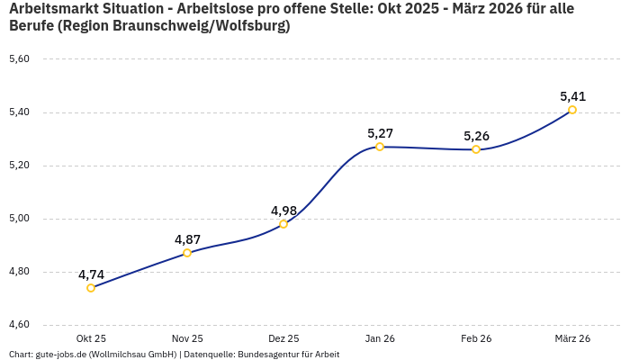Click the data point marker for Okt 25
click(x=91, y=288)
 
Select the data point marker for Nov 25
click(x=187, y=253)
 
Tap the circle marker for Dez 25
click(x=283, y=224)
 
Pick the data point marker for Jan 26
click(x=380, y=147)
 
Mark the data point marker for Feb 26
click(x=476, y=149)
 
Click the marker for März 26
click(x=572, y=110)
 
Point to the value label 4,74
click(x=91, y=274)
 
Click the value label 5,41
click(x=572, y=96)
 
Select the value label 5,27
click(x=380, y=133)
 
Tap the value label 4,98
click(x=283, y=211)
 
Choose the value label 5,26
click(x=476, y=136)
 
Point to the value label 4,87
click(x=187, y=239)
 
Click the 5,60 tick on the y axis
click(x=19, y=59)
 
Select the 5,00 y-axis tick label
click(x=19, y=219)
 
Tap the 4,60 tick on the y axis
click(x=19, y=325)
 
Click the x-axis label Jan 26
click(x=380, y=338)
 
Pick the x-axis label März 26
click(x=572, y=338)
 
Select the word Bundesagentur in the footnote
click(x=264, y=355)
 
